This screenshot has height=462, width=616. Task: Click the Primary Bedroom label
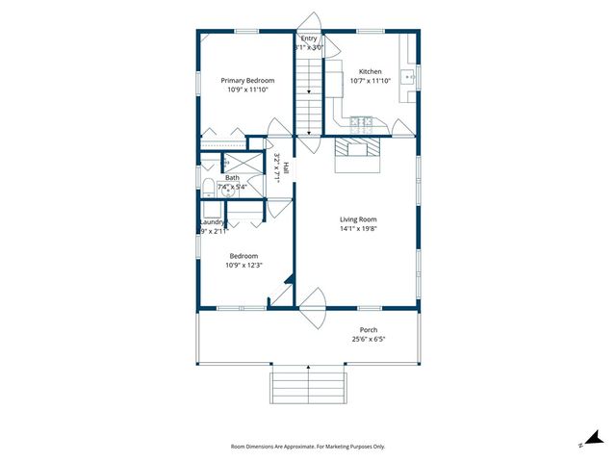(247, 80)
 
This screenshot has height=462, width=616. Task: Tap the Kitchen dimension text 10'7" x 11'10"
(371, 81)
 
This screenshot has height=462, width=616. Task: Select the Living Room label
(357, 218)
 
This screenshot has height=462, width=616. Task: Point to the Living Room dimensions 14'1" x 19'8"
(357, 229)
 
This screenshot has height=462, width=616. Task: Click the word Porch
(370, 330)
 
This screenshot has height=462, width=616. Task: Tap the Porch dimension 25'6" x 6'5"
(370, 340)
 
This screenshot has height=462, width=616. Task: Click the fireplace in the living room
(357, 150)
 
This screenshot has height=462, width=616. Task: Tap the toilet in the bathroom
(208, 184)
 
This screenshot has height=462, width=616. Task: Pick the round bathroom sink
(229, 191)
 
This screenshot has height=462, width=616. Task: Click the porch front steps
(308, 386)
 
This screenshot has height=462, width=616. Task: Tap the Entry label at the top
(308, 38)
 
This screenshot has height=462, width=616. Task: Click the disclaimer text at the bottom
(308, 447)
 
